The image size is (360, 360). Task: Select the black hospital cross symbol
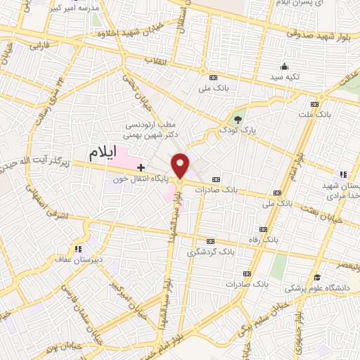click(141, 167)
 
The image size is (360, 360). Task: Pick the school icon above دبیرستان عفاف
click(77, 247)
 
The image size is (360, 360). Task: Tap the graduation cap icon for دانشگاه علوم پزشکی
click(317, 276)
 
